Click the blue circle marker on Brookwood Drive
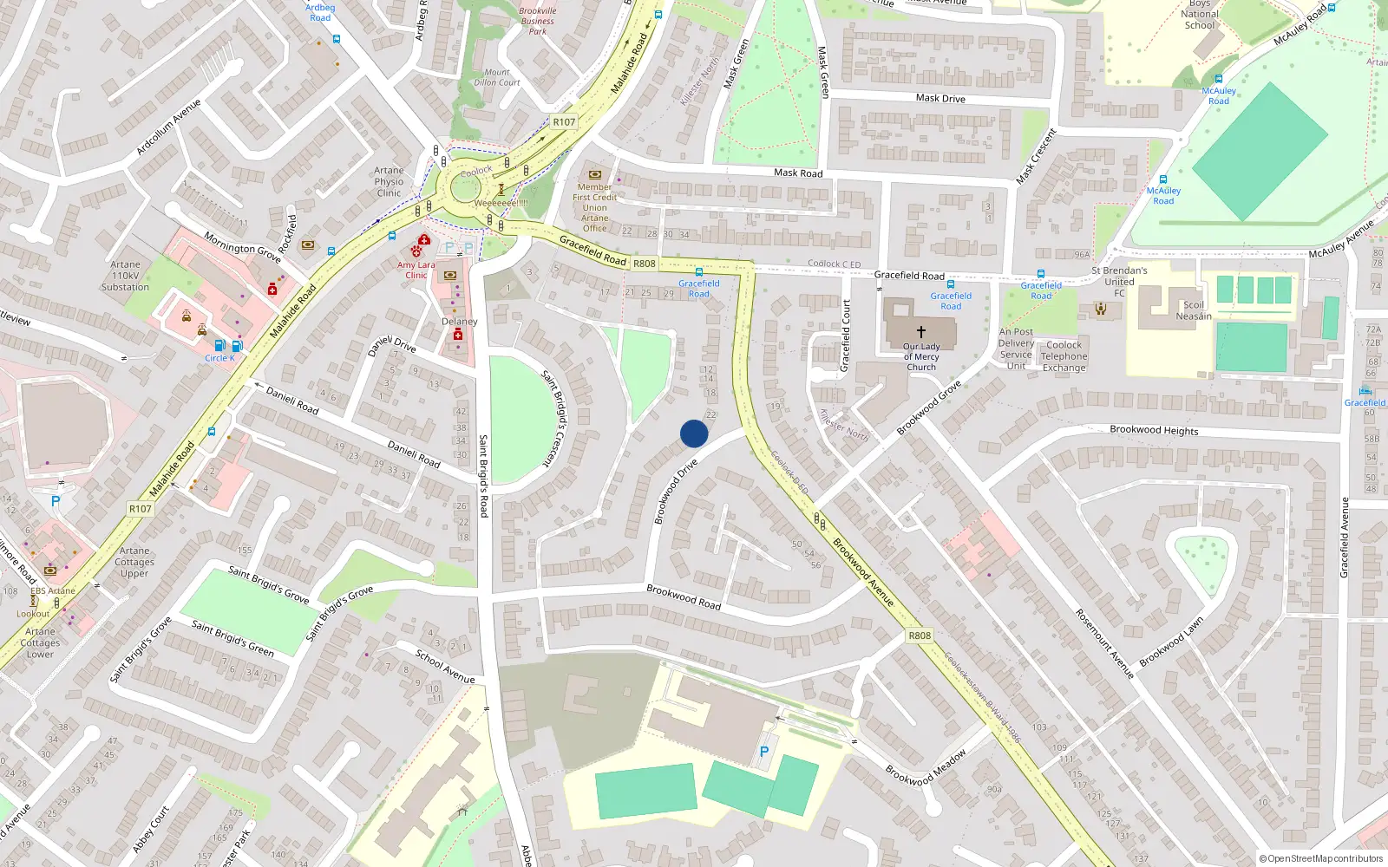694,433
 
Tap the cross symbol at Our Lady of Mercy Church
920,331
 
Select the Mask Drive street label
940,98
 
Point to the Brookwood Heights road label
1154,430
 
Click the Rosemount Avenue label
1104,642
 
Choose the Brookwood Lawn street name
1171,642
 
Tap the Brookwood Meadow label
926,768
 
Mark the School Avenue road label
444,666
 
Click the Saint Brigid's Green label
232,638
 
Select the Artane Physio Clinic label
389,182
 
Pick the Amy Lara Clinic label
416,270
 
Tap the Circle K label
219,358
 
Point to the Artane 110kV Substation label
125,276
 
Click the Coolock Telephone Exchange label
1064,356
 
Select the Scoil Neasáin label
1194,310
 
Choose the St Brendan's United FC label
1119,282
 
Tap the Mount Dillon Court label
497,78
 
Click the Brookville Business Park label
537,21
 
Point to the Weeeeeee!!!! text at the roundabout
501,203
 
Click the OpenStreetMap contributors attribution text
1321,859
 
